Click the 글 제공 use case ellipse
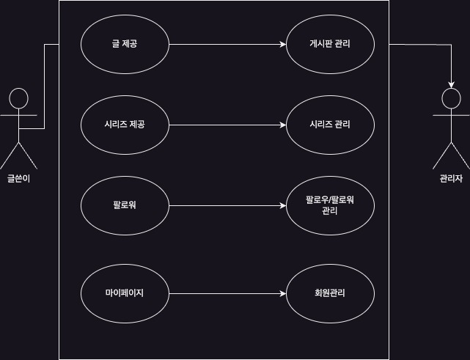(x=125, y=44)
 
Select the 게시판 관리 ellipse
(x=330, y=44)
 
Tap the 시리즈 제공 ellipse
(x=125, y=125)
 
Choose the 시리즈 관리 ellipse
(x=330, y=125)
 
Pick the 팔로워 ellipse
(x=125, y=205)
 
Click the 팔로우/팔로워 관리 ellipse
(x=330, y=205)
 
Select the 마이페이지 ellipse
(x=125, y=293)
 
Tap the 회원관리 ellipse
(x=330, y=293)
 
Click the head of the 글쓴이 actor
(x=18, y=98)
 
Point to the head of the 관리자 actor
(x=451, y=98)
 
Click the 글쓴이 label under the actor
(x=18, y=178)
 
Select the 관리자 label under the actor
(x=451, y=178)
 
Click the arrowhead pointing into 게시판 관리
(x=282, y=44)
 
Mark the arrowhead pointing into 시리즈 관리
(x=282, y=125)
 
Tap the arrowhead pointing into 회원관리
(x=282, y=293)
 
